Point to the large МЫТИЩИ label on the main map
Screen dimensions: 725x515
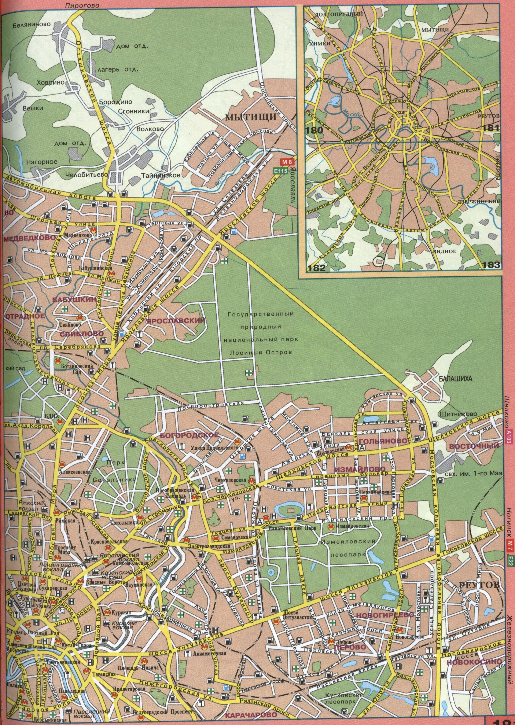(x=251, y=117)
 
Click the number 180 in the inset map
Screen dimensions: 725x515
(x=315, y=130)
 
